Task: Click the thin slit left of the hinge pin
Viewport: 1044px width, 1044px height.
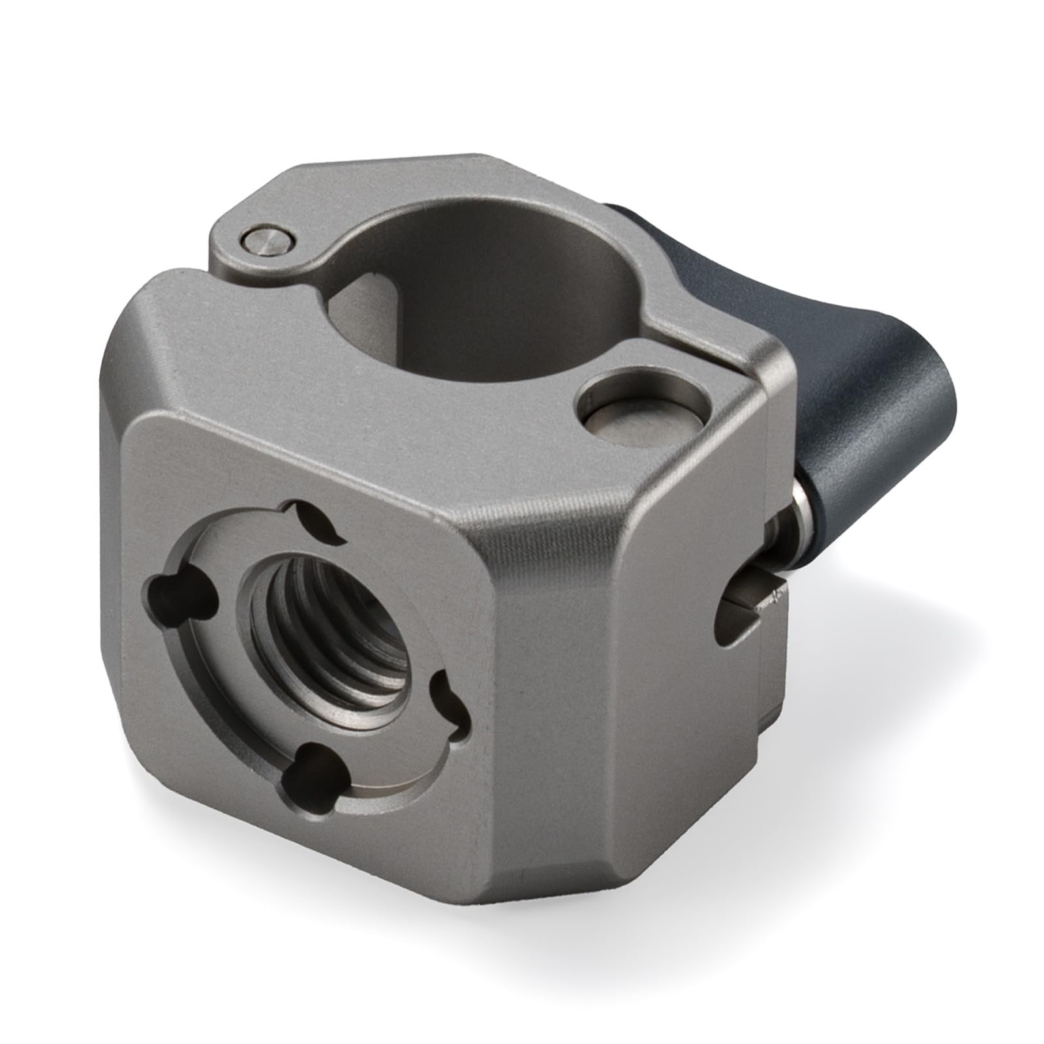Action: pos(196,268)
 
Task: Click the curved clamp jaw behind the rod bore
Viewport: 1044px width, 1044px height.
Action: pos(457,202)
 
